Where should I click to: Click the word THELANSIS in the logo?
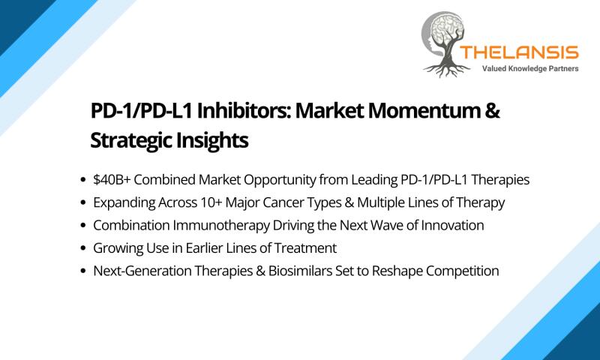pyautogui.click(x=519, y=52)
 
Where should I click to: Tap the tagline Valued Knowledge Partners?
pyautogui.click(x=530, y=69)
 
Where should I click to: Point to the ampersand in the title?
pyautogui.click(x=493, y=110)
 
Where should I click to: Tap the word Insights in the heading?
pyautogui.click(x=212, y=140)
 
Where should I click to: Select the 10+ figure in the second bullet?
pyautogui.click(x=211, y=202)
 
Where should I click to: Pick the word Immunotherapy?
pyautogui.click(x=221, y=225)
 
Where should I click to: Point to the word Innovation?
pyautogui.click(x=452, y=225)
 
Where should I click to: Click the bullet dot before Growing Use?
pyautogui.click(x=83, y=248)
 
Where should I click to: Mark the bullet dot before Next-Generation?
pyautogui.click(x=83, y=271)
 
